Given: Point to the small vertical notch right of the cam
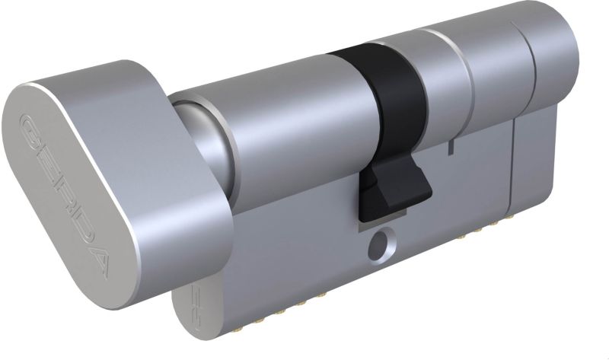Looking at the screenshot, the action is click(x=451, y=146).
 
